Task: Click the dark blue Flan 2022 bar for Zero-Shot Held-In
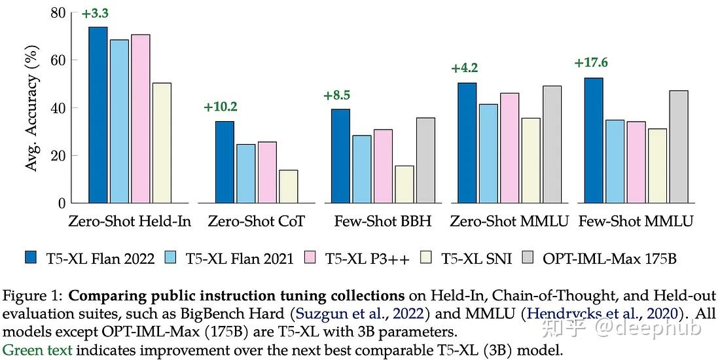(x=98, y=115)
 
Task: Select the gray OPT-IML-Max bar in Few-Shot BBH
(x=426, y=160)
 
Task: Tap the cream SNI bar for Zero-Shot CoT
(x=288, y=187)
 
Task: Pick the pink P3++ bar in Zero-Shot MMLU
(x=509, y=148)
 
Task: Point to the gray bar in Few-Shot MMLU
(x=679, y=147)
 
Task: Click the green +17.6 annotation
(x=591, y=63)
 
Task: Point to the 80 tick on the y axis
(x=59, y=12)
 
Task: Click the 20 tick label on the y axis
(x=59, y=156)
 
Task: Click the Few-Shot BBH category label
(x=383, y=221)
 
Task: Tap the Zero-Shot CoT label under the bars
(x=257, y=221)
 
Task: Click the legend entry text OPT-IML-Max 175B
(x=609, y=259)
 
